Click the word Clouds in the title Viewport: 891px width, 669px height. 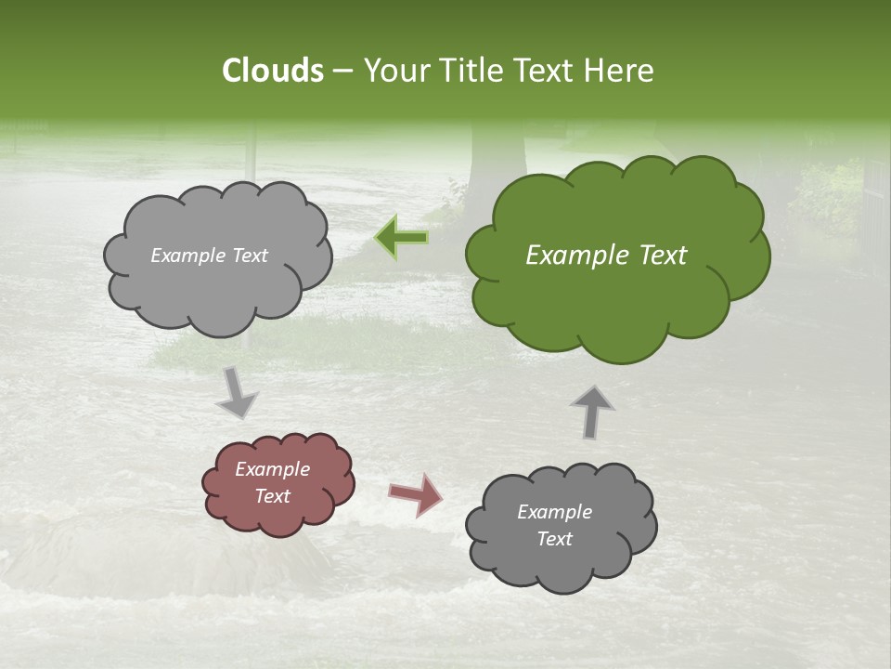[x=272, y=71]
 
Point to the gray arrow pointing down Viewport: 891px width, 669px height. [x=237, y=392]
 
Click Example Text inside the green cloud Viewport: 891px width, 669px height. [x=606, y=256]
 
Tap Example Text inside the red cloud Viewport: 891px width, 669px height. [x=273, y=483]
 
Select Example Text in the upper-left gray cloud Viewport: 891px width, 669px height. [x=209, y=256]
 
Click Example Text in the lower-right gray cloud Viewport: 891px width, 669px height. [x=554, y=525]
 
